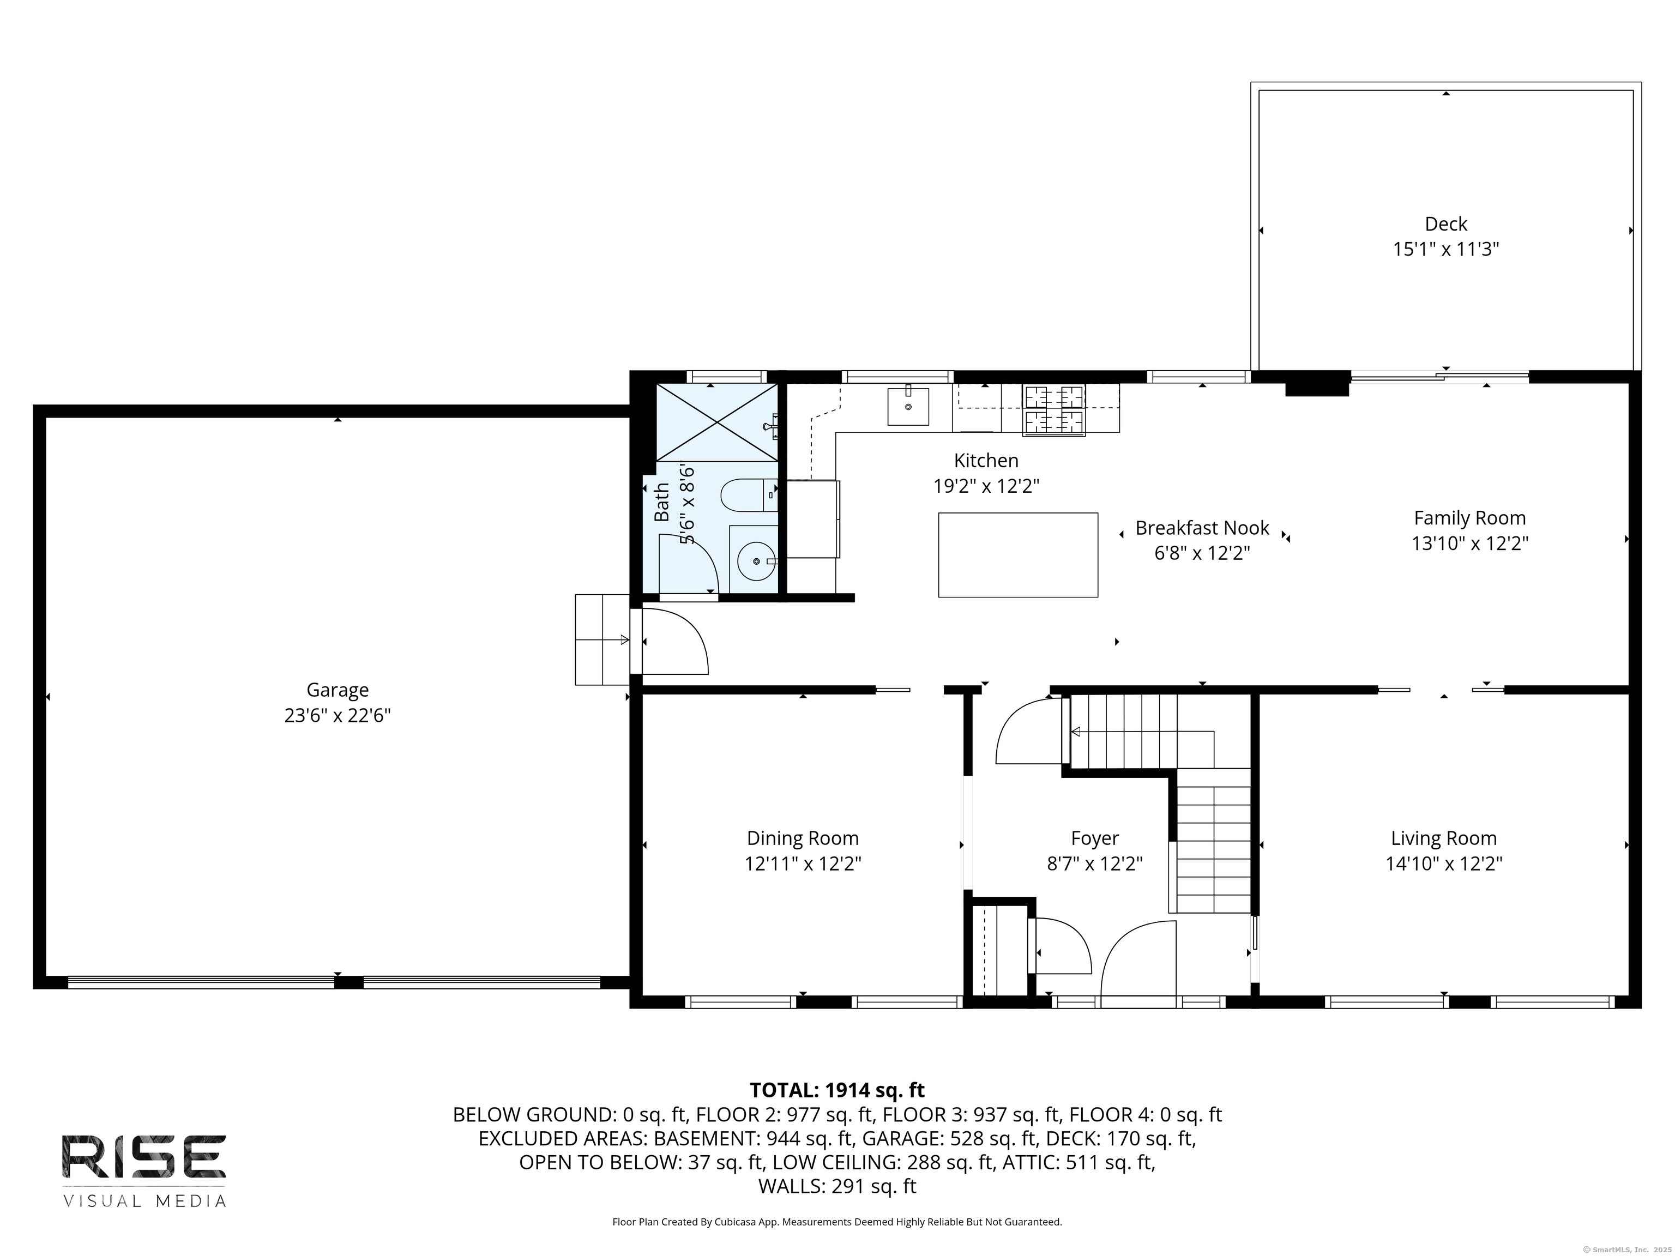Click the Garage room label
(x=337, y=690)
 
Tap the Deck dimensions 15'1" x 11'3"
(x=1445, y=249)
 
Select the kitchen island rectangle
(x=1018, y=555)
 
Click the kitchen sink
(x=907, y=407)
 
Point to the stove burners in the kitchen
(x=1053, y=409)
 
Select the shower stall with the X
(x=716, y=422)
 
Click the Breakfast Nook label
(x=1202, y=528)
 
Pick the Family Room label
(x=1469, y=518)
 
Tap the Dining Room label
(x=803, y=838)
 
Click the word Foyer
(x=1094, y=838)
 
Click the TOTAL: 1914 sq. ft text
(x=837, y=1090)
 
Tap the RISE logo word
(x=144, y=1156)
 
